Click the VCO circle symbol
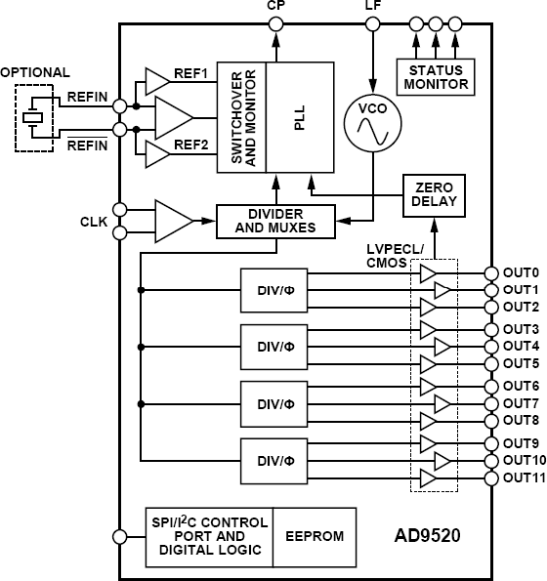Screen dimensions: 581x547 372,124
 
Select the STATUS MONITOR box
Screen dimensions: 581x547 433,76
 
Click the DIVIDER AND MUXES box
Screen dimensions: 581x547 275,221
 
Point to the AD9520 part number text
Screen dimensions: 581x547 429,537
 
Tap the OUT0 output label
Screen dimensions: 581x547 521,272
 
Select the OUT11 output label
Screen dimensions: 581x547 524,477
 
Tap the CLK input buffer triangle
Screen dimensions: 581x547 173,221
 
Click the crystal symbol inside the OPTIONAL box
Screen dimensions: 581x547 34,118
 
